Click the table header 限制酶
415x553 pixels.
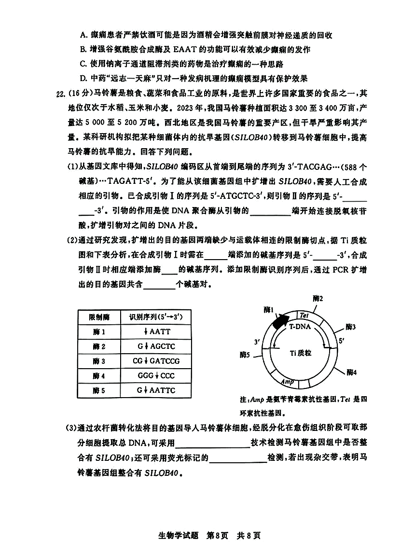click(99, 318)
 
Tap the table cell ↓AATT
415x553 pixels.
click(153, 332)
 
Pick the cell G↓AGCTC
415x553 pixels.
click(153, 346)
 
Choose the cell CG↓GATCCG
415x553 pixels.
click(153, 361)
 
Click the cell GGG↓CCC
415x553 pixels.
click(153, 375)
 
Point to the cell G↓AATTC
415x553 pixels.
click(153, 390)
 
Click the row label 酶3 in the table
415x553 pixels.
click(99, 361)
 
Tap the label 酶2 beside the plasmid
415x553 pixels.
click(318, 299)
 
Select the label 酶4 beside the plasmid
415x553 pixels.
click(352, 372)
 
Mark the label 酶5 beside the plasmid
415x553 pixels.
click(245, 355)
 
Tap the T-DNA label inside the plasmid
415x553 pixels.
click(300, 326)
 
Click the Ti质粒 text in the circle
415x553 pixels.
click(301, 353)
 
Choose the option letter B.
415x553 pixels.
click(83, 49)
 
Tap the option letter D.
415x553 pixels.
click(83, 79)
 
